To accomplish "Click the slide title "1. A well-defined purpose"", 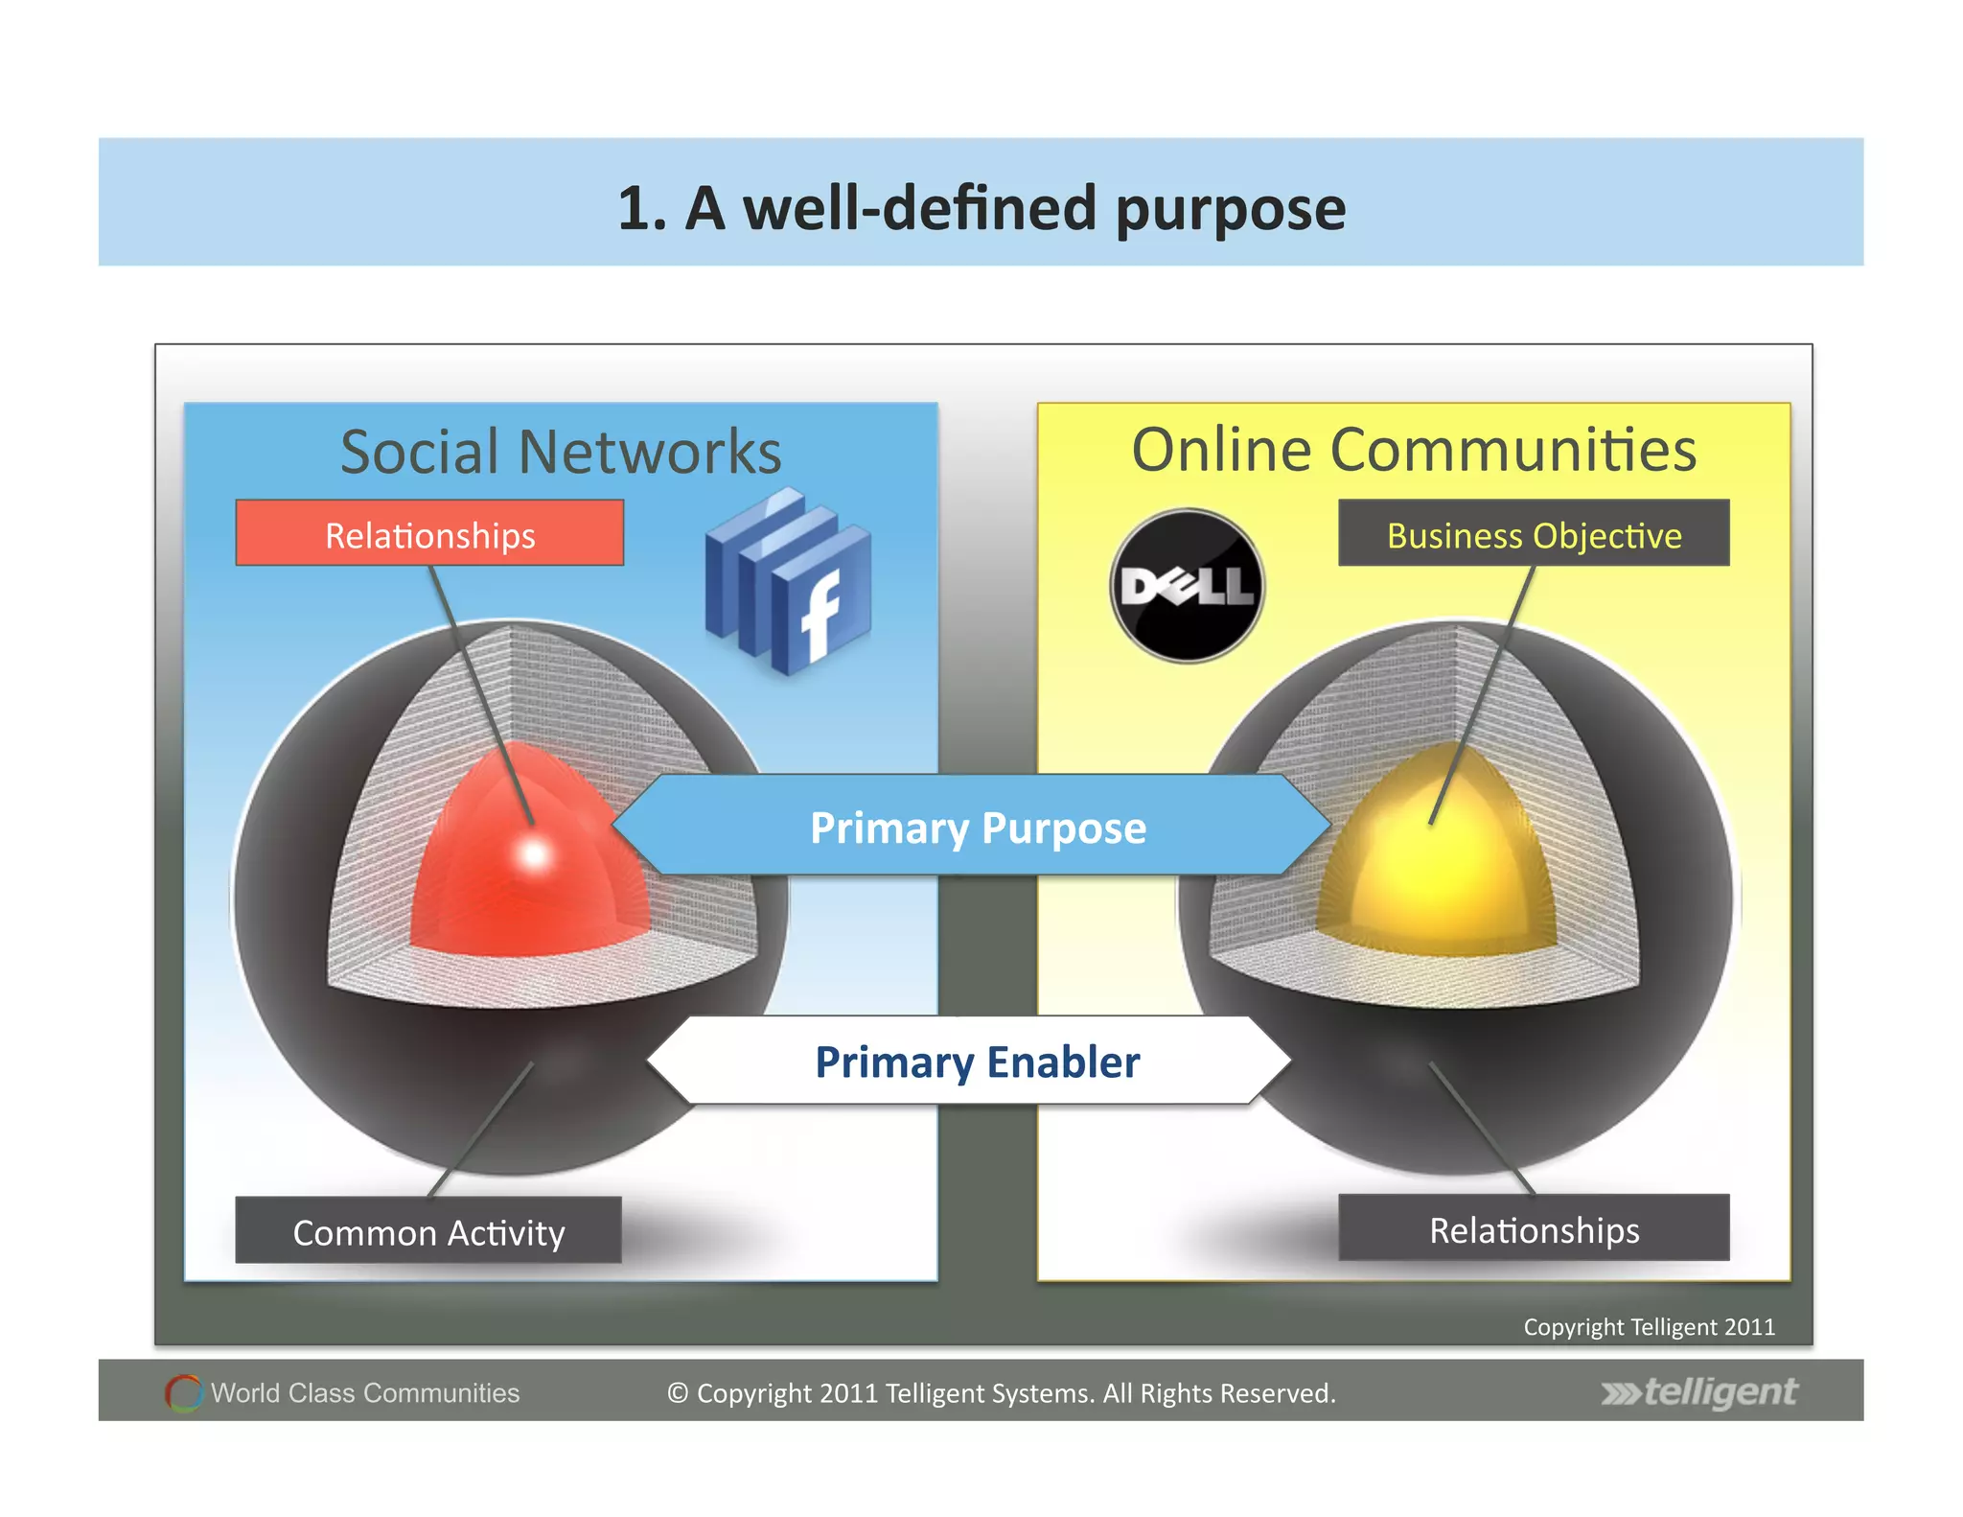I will coord(981,208).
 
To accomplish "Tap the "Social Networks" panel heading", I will coord(561,451).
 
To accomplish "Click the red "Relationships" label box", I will coord(429,533).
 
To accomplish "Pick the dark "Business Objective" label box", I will coord(1534,533).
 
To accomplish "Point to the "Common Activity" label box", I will coord(428,1230).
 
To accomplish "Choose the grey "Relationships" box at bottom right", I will coord(1534,1228).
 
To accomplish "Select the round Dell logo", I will coord(1187,586).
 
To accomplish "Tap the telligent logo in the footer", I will coord(1699,1391).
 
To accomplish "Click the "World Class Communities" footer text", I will coord(365,1392).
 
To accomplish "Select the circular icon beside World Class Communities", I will coord(183,1392).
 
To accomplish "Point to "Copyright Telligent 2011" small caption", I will coord(1649,1326).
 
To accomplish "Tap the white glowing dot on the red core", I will coord(534,852).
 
